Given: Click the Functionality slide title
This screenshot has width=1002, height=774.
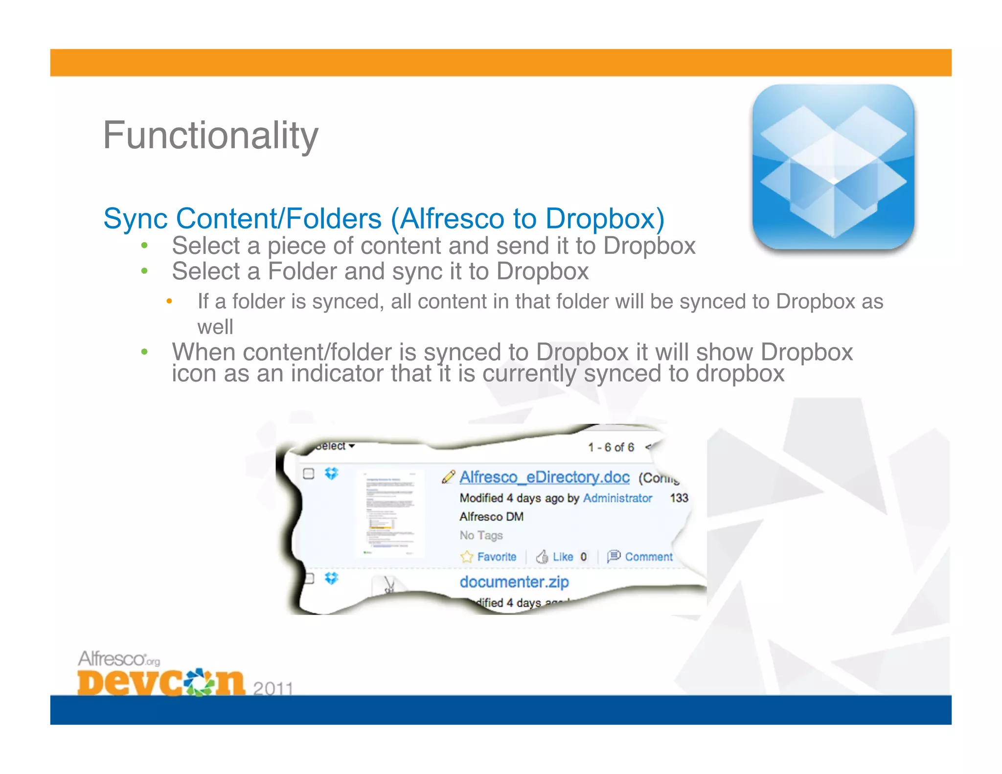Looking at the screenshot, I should click(210, 136).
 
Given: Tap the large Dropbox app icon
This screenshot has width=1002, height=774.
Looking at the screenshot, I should click(833, 167).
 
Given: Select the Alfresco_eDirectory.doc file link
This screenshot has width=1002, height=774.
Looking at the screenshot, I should click(544, 477).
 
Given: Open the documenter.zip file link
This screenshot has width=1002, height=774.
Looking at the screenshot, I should click(514, 582).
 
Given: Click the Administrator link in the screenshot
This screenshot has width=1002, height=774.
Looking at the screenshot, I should click(617, 498).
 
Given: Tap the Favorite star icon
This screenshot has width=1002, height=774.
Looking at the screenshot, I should click(467, 557).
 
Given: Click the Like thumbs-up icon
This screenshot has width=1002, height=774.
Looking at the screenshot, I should click(542, 557).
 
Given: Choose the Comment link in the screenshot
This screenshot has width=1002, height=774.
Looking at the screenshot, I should click(648, 557).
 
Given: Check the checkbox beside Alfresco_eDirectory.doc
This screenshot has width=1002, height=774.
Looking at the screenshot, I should click(309, 474).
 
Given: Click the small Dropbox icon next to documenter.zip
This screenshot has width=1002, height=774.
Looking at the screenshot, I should click(332, 578).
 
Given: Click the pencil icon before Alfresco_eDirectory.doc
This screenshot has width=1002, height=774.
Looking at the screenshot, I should click(448, 477).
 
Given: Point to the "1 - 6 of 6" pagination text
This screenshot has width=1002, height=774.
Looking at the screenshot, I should click(611, 447).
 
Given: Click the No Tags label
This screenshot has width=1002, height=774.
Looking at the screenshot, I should click(481, 535).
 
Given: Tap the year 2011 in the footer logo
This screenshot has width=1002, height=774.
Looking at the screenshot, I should click(273, 688).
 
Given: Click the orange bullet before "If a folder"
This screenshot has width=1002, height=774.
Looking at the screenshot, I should click(169, 301).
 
